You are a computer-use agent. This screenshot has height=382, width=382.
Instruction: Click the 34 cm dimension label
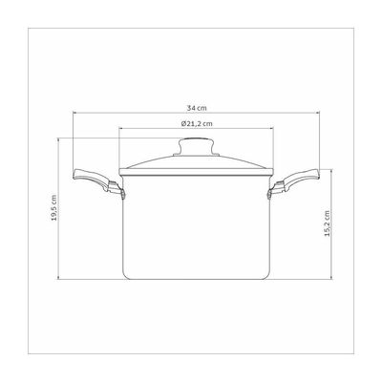(197, 108)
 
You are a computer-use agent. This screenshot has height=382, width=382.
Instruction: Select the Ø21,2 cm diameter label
(197, 124)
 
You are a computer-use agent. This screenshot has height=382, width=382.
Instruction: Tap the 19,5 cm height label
(53, 207)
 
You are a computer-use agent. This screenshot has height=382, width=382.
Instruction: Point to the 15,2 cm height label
(327, 223)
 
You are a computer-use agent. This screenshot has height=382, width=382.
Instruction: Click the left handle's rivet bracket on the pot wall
(122, 194)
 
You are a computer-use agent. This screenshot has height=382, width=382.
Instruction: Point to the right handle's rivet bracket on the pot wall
(270, 194)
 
